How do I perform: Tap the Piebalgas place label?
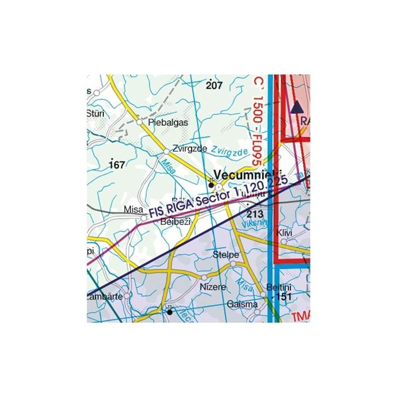pyautogui.click(x=169, y=122)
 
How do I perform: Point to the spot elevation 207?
pyautogui.click(x=214, y=85)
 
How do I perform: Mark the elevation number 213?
pyautogui.click(x=255, y=214)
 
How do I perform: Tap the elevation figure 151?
pyautogui.click(x=285, y=298)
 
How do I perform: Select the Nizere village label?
pyautogui.click(x=212, y=288)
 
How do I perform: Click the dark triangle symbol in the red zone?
pyautogui.click(x=296, y=105)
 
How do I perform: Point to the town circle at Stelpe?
pyautogui.click(x=233, y=263)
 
